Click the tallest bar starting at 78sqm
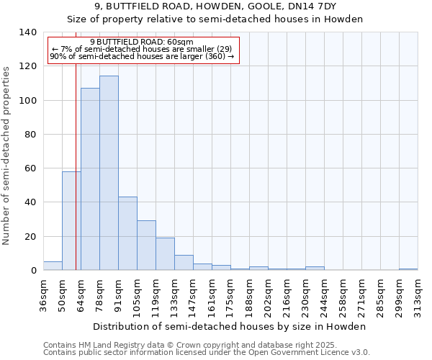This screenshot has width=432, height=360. point(109,173)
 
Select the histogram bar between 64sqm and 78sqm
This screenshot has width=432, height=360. point(90,179)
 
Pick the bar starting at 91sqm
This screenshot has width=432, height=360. point(127,233)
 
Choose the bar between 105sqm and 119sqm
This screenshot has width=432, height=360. point(146,246)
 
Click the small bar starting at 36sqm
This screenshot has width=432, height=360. point(53,266)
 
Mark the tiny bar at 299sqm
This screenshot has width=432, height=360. point(408,269)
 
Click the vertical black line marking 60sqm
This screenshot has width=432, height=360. point(76,144)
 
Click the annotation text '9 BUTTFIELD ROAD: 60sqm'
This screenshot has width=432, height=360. point(142,42)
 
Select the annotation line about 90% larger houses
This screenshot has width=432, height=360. point(142,56)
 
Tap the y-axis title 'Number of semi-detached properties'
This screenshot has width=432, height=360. point(6,155)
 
